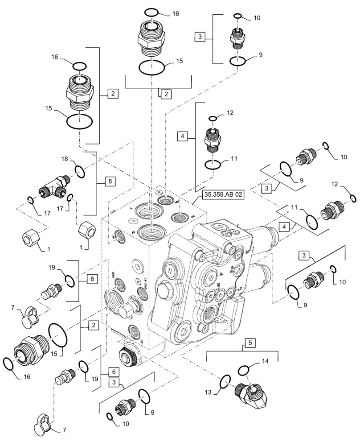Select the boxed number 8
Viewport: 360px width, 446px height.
[110, 181]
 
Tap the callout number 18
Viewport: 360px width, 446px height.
[65, 159]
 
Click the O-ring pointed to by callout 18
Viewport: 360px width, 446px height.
[80, 171]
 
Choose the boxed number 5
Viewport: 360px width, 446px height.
[250, 343]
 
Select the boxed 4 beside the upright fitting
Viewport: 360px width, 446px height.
[183, 136]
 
